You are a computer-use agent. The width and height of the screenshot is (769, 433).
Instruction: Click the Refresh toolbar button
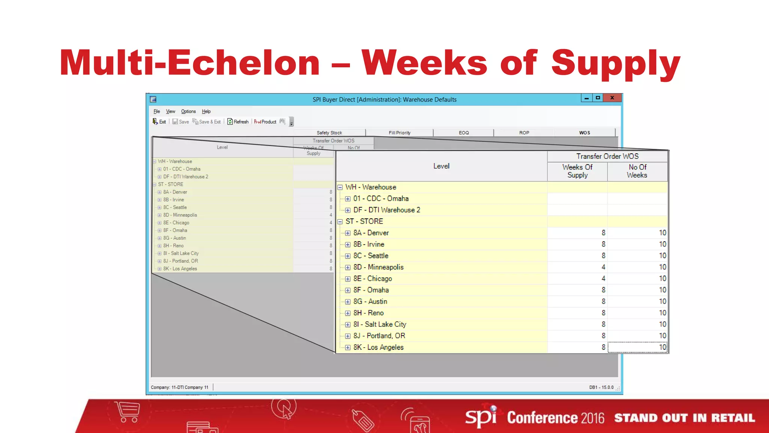238,122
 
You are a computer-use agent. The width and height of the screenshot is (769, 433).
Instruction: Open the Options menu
188,112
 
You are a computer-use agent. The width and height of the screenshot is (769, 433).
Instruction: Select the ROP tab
524,133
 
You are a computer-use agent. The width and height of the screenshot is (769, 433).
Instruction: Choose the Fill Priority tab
400,133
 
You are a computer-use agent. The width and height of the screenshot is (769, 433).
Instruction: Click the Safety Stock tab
329,133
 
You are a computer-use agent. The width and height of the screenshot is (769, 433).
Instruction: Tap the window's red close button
612,98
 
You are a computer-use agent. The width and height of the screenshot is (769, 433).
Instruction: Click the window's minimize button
587,98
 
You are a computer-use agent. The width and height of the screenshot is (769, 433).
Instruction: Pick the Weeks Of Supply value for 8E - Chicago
603,279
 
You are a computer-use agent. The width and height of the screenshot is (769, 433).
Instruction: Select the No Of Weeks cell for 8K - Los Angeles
638,347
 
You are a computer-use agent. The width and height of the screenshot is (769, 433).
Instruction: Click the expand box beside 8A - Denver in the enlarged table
348,233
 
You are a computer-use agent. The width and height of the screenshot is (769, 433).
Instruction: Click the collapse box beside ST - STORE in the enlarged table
340,222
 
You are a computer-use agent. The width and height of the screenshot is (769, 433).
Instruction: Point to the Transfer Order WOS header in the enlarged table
607,156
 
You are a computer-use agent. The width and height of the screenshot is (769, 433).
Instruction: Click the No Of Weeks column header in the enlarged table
638,171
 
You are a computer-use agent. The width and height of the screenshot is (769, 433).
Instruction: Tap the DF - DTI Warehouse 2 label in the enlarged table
386,210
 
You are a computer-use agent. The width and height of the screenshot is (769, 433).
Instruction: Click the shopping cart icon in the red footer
128,412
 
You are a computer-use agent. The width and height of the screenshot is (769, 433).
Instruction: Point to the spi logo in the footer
481,417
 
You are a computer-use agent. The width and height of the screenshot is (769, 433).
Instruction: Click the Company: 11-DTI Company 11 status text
179,388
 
